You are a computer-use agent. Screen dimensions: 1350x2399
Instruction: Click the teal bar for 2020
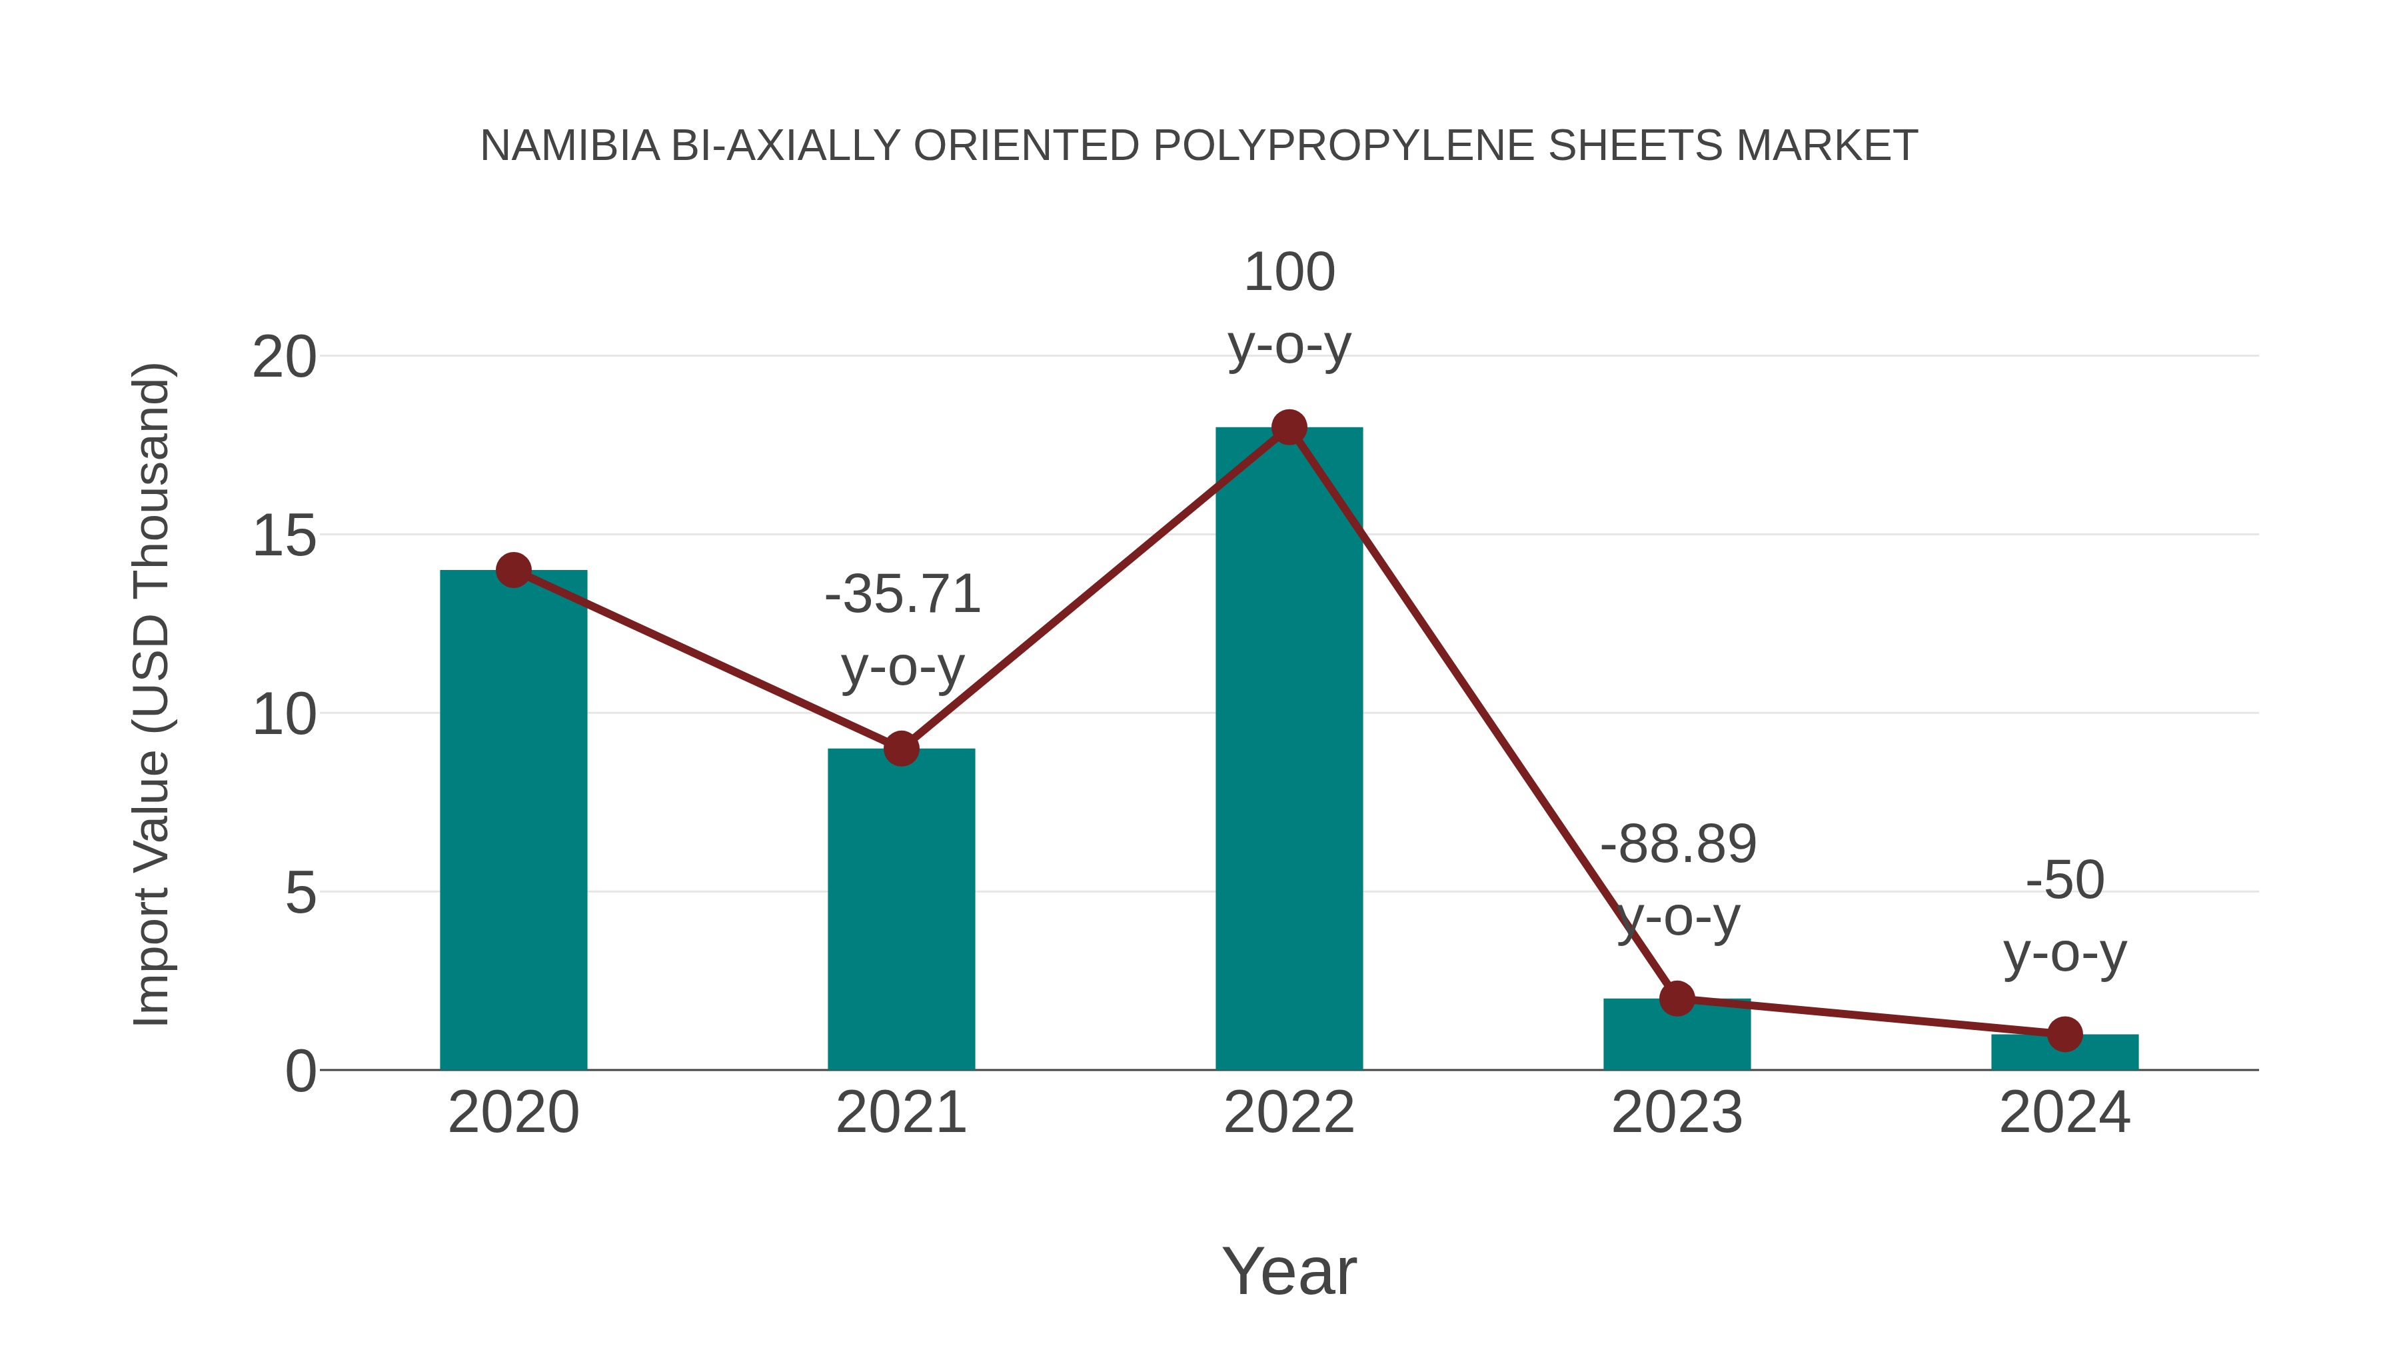[x=513, y=820]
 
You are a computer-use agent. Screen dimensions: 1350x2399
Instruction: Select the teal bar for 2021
[x=900, y=909]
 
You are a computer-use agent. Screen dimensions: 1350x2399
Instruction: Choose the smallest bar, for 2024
[x=2064, y=1052]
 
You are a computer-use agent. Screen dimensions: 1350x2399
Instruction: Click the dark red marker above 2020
[x=513, y=569]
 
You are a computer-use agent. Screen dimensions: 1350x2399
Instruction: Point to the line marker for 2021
[x=900, y=748]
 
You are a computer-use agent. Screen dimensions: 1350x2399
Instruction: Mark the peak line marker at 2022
[x=1289, y=427]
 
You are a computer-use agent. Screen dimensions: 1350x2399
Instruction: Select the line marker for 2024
[x=2064, y=1033]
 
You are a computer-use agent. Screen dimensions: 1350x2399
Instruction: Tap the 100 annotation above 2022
[x=1289, y=272]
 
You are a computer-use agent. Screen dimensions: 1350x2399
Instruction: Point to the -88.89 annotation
[x=1678, y=844]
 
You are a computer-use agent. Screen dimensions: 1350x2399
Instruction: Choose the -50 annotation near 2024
[x=2064, y=879]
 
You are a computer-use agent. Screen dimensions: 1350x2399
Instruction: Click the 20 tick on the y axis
[x=284, y=357]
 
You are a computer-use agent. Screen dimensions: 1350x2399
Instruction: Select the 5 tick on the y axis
[x=300, y=893]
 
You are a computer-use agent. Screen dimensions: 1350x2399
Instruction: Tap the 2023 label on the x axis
[x=1677, y=1113]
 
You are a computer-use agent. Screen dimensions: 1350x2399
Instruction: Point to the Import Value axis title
[x=151, y=694]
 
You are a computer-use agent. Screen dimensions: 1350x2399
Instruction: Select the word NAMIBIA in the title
[x=570, y=146]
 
